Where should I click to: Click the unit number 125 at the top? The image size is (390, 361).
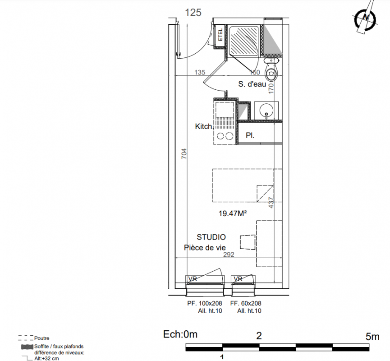pos(193,13)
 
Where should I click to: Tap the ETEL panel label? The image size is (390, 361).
pos(220,35)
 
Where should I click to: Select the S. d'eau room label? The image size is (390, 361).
pos(252,84)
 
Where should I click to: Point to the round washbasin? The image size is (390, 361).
pos(266,110)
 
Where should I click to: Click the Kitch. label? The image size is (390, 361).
pos(204,126)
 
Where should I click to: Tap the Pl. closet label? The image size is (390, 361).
pos(250,135)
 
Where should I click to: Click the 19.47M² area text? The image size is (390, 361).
pos(233,213)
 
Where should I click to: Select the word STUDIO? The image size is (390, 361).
pos(211,237)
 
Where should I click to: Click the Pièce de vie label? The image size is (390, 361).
pos(205,248)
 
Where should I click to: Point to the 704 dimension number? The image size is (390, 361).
pos(184,154)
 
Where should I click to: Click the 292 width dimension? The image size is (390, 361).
pos(229,255)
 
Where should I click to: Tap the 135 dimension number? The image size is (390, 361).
pos(200,73)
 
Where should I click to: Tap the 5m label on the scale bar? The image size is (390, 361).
pos(372,337)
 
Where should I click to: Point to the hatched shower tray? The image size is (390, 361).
pos(243,40)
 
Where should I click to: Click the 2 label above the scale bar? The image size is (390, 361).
pos(259,336)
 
